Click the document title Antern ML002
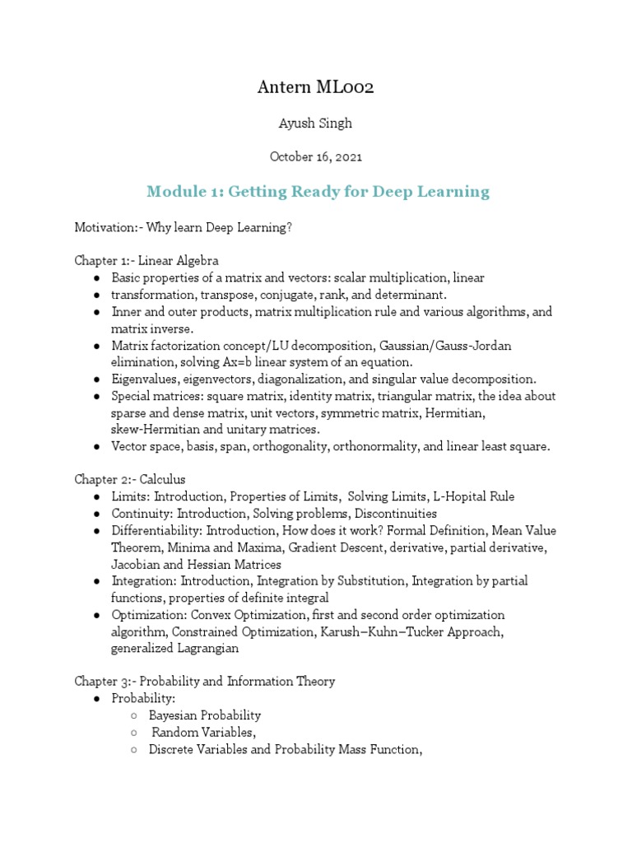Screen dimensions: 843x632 pos(316,88)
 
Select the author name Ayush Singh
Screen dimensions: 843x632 pos(316,123)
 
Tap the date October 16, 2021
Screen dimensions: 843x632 pos(316,156)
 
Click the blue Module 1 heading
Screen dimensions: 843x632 pos(318,192)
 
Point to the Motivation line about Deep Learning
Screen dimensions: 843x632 pos(184,226)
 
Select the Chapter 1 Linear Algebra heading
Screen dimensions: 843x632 pos(147,261)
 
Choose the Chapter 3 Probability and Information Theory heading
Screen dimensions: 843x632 pos(205,682)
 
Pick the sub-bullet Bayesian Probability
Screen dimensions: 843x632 pos(205,715)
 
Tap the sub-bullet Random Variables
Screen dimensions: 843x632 pos(204,733)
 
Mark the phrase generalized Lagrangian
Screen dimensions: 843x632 pos(174,649)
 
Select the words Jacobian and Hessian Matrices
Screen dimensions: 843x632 pos(196,565)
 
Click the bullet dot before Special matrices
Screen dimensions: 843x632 pos(97,396)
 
